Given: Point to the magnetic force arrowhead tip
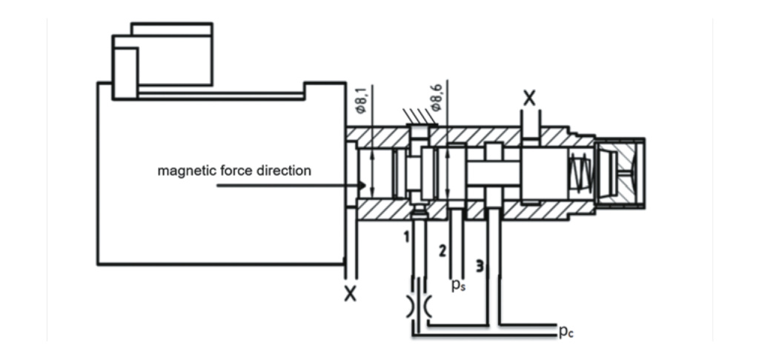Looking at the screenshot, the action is tap(365, 185).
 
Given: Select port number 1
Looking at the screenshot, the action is tap(407, 236).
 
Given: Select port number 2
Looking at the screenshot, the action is tap(443, 250).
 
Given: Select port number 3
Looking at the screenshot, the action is tap(480, 266).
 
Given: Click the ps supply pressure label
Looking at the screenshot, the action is tap(459, 285).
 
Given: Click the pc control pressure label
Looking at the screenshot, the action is tap(566, 331).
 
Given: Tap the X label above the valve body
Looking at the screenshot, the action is tap(530, 99).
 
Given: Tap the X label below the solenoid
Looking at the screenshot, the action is tap(350, 294).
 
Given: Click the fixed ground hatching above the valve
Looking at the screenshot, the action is tap(420, 116).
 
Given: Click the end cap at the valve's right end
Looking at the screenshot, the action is tap(620, 173).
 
